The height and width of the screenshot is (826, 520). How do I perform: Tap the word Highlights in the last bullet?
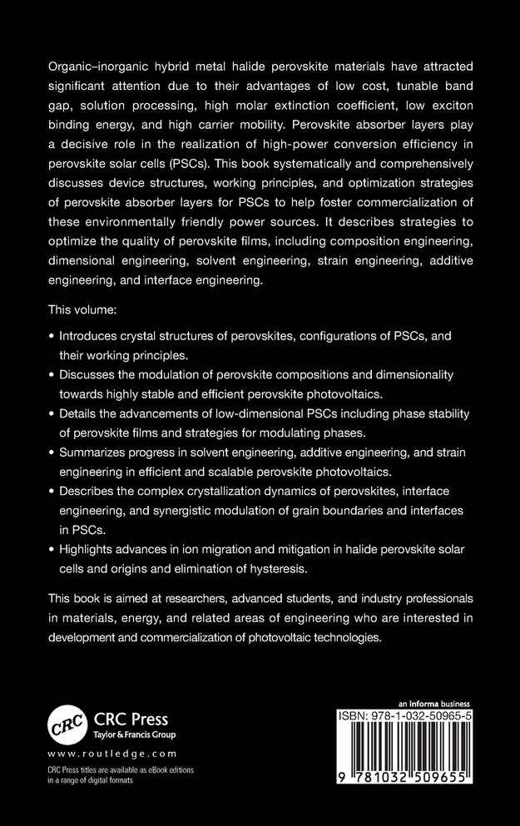pyautogui.click(x=90, y=550)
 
